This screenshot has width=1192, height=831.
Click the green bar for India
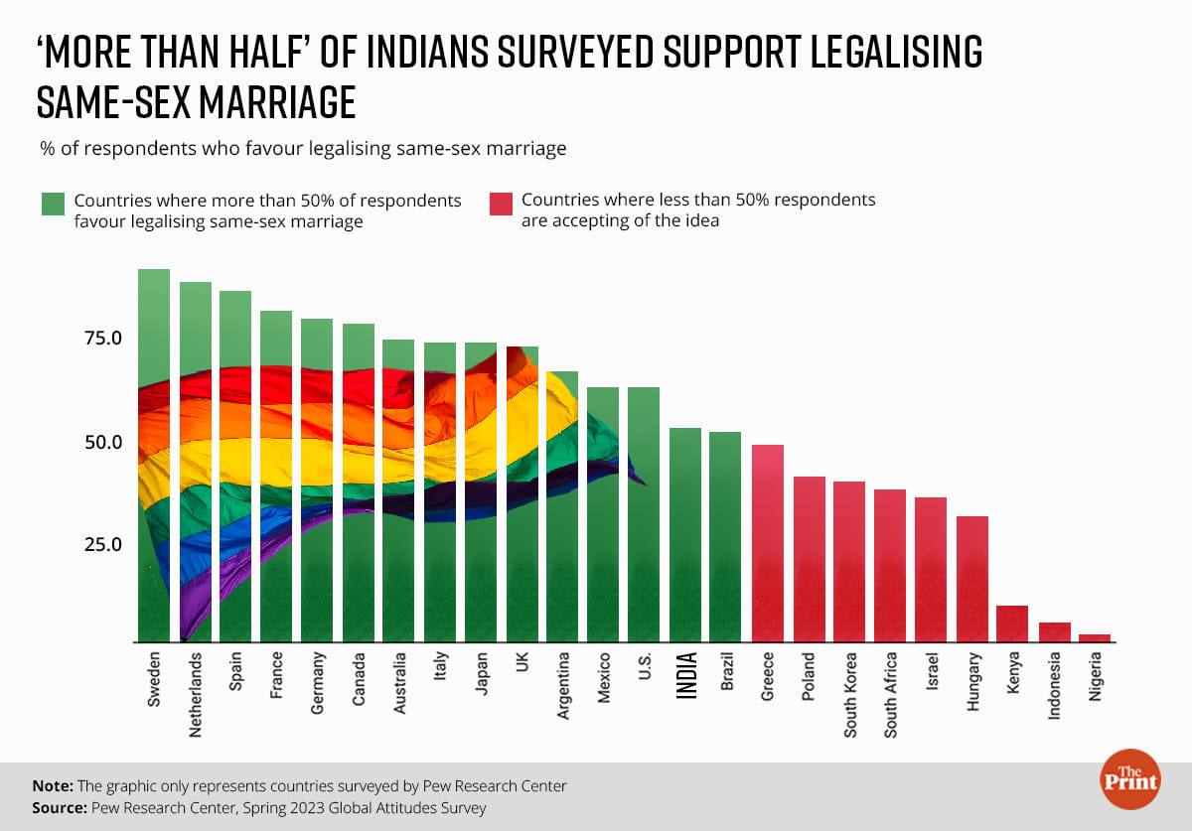(x=685, y=535)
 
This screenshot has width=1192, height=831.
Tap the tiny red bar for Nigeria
(x=1094, y=638)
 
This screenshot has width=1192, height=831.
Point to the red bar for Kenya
(x=1012, y=623)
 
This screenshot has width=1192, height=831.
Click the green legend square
(x=53, y=204)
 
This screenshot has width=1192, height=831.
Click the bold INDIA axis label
(x=686, y=675)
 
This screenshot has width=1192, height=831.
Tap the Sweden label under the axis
(x=155, y=680)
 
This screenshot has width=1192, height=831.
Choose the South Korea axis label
(x=850, y=694)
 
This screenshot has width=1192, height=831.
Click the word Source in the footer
(x=59, y=808)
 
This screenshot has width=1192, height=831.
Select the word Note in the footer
(x=52, y=785)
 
